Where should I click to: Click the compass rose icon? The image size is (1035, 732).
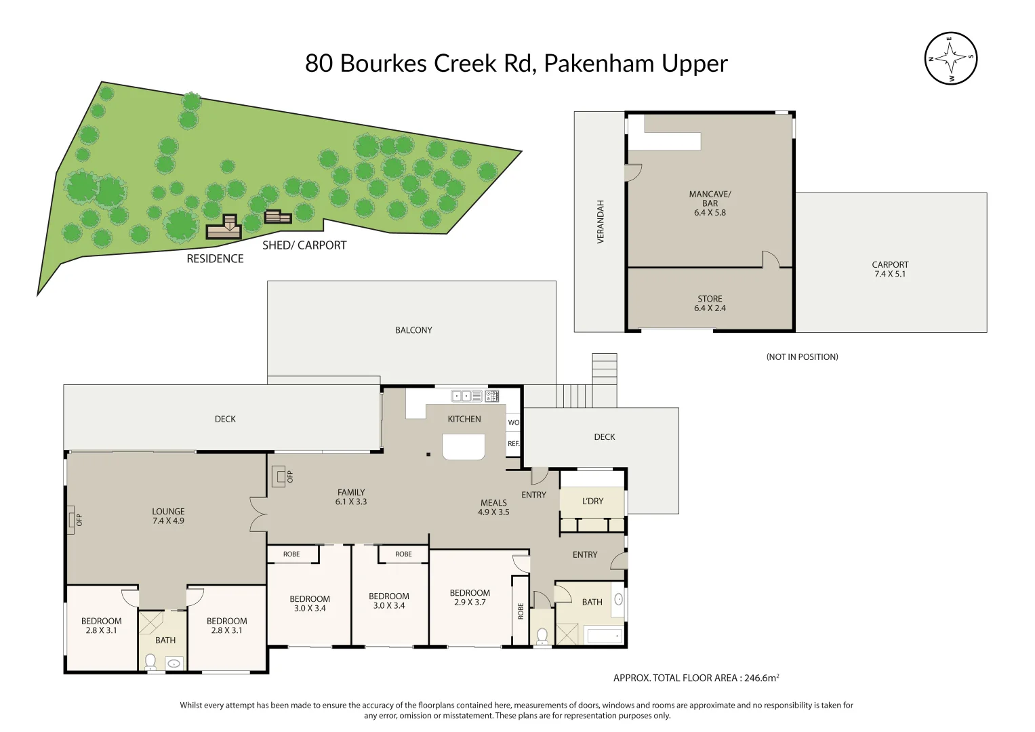(950, 58)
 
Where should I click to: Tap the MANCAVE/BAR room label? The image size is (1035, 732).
(710, 203)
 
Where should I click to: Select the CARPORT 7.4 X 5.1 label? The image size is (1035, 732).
(889, 269)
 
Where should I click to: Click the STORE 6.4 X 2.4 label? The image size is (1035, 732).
(710, 303)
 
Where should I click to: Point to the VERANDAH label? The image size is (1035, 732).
(600, 222)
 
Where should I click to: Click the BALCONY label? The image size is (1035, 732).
(413, 330)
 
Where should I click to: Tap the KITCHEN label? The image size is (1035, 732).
(464, 419)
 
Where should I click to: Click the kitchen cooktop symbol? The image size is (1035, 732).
(492, 396)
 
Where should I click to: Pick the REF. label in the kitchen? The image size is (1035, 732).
(513, 444)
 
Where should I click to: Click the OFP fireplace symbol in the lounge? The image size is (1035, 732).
(71, 520)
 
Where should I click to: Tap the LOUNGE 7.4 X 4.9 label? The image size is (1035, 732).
(168, 516)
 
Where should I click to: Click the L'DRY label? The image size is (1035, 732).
(592, 501)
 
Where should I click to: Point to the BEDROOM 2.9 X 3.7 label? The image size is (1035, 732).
(470, 597)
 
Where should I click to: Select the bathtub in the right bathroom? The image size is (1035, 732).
(603, 636)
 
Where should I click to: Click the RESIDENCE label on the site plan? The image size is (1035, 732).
(215, 258)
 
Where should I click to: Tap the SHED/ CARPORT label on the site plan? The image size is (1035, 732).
(304, 245)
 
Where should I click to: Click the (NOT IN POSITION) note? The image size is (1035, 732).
(802, 357)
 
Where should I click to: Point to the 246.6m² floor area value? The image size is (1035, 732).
(761, 677)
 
